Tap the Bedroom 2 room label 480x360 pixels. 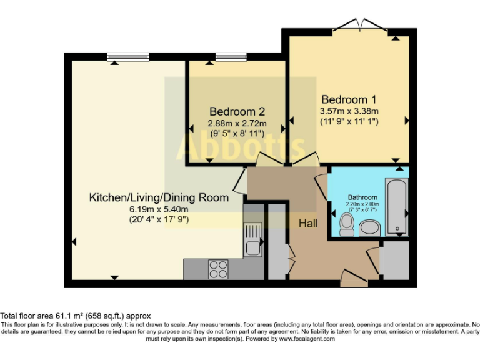pos(237,111)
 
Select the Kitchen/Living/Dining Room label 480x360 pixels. pos(159,197)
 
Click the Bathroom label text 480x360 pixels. pos(362,197)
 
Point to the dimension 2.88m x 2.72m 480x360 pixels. pos(237,123)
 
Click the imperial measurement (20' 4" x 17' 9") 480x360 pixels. pos(159,219)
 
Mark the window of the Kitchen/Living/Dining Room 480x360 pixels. pos(128,57)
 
